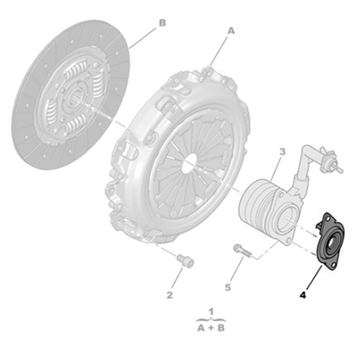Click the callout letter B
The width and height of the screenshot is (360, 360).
(162, 22)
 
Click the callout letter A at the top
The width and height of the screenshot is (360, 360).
(231, 31)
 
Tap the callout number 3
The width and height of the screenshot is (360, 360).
(282, 152)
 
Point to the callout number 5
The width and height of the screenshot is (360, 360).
(228, 287)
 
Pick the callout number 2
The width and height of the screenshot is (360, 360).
(169, 294)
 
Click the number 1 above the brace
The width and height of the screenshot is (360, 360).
(211, 311)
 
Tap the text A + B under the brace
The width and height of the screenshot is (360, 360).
(210, 327)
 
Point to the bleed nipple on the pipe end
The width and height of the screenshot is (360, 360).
(333, 161)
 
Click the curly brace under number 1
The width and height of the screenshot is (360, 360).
(211, 318)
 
